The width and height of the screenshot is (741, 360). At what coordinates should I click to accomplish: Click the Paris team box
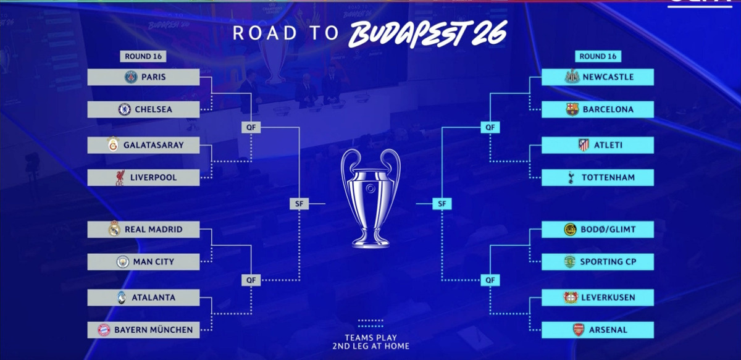[x=143, y=77]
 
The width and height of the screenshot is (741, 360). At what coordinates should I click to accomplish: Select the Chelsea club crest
[x=124, y=109]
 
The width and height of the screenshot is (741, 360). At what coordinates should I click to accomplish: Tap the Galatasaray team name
[x=153, y=145]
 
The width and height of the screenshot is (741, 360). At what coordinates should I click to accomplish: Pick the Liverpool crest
[x=120, y=178]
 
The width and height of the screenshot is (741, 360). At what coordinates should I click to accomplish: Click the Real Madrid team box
[x=143, y=229]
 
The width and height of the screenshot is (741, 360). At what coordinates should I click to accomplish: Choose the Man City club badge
[x=122, y=262]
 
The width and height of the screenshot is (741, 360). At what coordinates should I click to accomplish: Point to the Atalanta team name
[x=153, y=298]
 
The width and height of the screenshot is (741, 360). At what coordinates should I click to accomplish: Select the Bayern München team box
[x=143, y=330]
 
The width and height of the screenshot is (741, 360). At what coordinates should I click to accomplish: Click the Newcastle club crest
[x=572, y=77]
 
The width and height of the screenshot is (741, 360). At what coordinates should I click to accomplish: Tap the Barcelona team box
[x=597, y=109]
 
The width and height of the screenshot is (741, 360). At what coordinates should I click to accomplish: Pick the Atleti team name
[x=608, y=145]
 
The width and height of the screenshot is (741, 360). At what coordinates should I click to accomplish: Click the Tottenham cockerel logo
[x=571, y=178]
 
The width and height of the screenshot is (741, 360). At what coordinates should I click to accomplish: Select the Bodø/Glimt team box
[x=597, y=229]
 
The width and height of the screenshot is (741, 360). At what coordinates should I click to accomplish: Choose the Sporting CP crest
[x=570, y=262]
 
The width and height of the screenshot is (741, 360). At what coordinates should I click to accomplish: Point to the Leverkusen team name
[x=608, y=298]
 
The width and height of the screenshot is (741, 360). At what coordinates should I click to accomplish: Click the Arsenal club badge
[x=578, y=330]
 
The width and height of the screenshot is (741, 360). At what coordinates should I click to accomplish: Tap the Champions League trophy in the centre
[x=371, y=198]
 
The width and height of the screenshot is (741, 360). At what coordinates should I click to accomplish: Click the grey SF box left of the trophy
[x=298, y=203]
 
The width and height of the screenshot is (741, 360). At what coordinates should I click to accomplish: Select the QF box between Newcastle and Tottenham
[x=490, y=127]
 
